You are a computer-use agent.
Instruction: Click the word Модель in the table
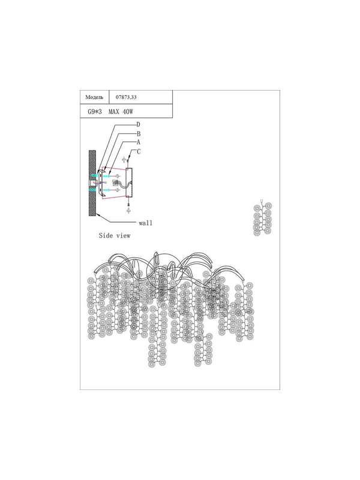click(94, 97)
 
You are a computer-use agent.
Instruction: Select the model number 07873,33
click(126, 97)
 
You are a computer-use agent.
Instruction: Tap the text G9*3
click(95, 112)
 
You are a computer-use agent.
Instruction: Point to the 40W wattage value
click(128, 112)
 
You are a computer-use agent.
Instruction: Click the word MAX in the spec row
click(113, 112)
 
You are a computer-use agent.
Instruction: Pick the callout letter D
click(139, 125)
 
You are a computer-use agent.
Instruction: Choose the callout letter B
click(139, 134)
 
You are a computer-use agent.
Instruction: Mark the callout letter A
click(139, 142)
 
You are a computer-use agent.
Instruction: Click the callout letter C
click(139, 152)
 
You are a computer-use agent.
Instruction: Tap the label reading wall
click(145, 223)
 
